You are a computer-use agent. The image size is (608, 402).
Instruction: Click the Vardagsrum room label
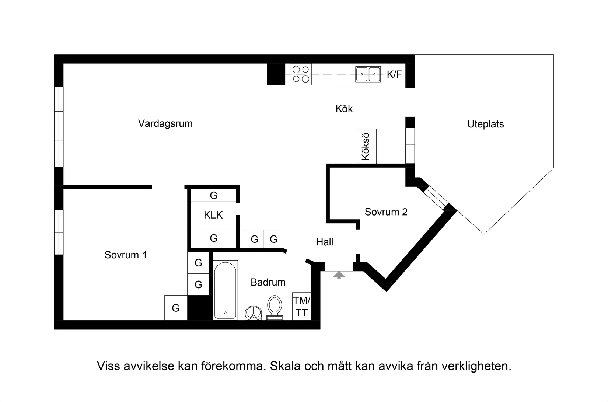click(165, 123)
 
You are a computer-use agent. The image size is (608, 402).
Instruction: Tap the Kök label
click(344, 109)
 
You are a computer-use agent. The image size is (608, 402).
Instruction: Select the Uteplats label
click(485, 124)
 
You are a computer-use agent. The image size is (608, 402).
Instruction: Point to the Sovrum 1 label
click(126, 255)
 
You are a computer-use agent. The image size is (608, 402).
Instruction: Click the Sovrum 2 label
click(386, 212)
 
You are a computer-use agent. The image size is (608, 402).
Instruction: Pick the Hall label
click(325, 242)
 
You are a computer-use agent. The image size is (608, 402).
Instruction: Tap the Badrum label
click(268, 282)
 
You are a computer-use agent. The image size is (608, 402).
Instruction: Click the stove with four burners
click(301, 74)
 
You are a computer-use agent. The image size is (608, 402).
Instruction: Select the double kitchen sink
click(368, 74)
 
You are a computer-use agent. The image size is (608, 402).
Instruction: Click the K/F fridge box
click(394, 74)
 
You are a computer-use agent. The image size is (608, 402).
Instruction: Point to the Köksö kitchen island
click(365, 146)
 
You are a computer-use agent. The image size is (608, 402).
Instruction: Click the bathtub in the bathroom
click(226, 290)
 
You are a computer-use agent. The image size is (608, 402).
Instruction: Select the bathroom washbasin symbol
click(254, 313)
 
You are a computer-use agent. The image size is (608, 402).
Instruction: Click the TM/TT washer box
click(302, 306)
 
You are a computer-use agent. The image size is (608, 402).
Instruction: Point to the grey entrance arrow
click(339, 275)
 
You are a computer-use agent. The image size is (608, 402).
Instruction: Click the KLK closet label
click(213, 215)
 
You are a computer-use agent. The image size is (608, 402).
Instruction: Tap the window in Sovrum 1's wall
click(59, 232)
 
